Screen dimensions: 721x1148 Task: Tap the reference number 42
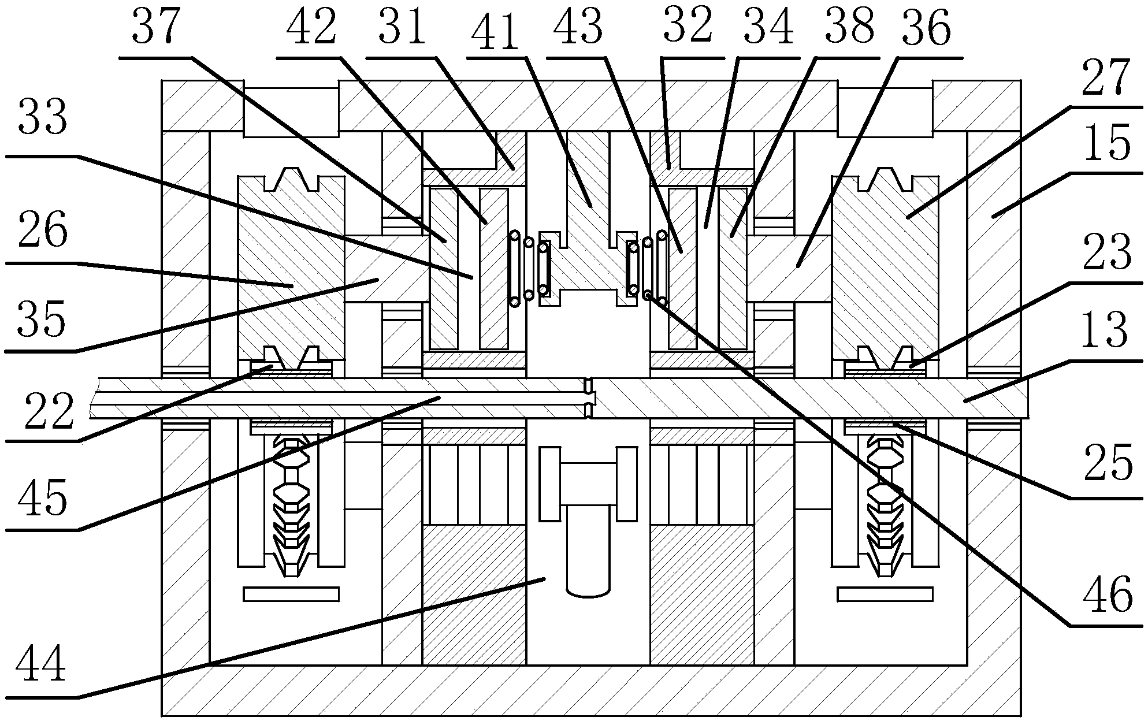click(311, 27)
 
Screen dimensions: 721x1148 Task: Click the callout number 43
click(579, 27)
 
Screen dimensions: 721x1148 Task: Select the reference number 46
click(1108, 595)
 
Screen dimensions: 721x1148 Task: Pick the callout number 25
click(1108, 463)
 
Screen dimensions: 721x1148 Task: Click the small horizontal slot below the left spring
click(291, 594)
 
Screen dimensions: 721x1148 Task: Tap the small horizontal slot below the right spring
click(885, 594)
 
